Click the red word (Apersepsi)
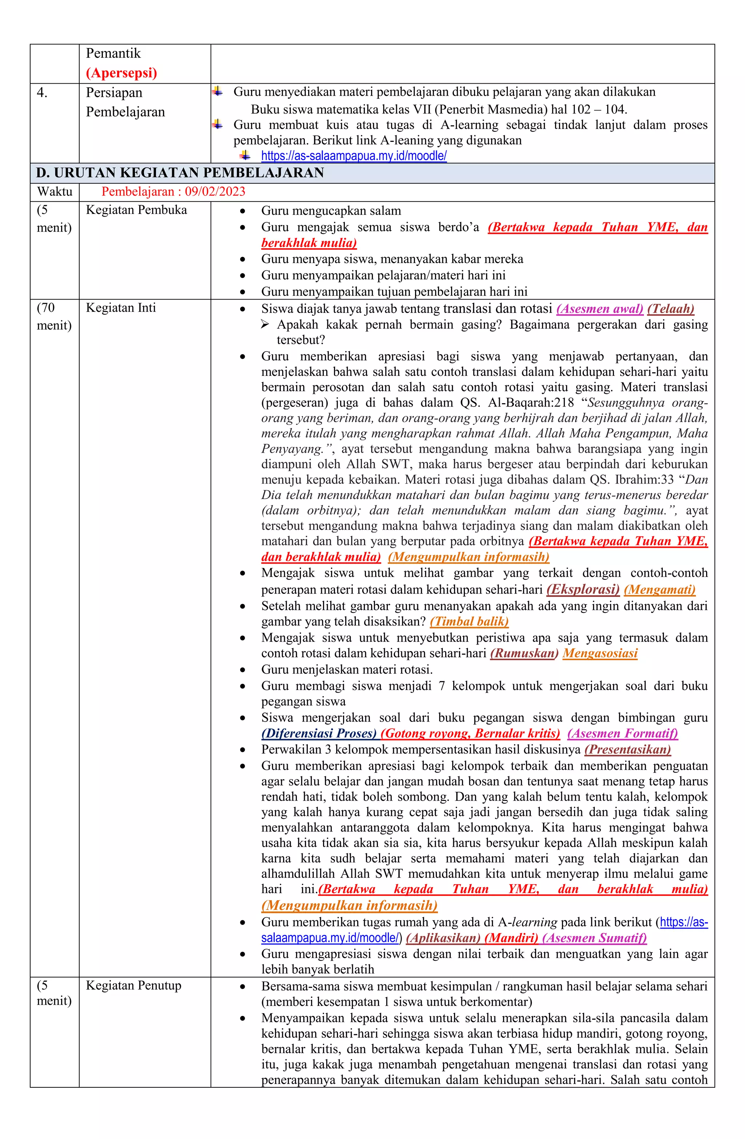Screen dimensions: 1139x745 coord(121,73)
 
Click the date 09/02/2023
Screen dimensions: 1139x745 coord(215,192)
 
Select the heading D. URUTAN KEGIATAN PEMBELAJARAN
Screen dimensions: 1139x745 coord(180,173)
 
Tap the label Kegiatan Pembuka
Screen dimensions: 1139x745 coord(136,210)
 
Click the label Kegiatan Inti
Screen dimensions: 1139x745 coord(121,308)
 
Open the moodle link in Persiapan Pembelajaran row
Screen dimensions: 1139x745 coord(354,156)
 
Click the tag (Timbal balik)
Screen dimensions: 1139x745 coord(469,622)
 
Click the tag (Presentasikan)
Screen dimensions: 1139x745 coord(627,749)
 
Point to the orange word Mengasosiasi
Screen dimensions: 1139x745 coord(600,654)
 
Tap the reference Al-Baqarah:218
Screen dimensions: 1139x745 coord(531,402)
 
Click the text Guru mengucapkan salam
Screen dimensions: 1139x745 coord(331,211)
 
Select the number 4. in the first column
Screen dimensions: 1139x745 coord(42,93)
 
